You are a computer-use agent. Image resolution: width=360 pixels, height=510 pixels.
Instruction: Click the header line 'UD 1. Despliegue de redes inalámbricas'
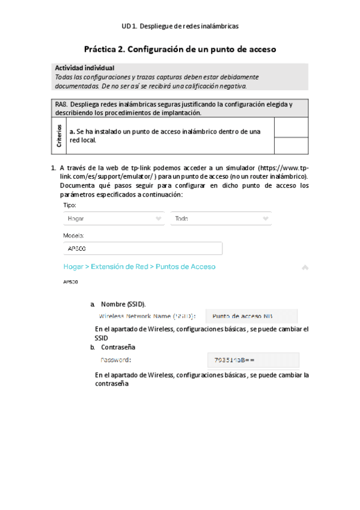tap(180, 26)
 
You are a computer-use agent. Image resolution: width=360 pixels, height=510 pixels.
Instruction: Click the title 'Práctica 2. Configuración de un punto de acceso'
tap(180, 49)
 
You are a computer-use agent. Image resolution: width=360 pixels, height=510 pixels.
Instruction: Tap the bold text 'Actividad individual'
tap(84, 69)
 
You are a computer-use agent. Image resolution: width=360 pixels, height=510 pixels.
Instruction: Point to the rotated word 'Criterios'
tap(59, 136)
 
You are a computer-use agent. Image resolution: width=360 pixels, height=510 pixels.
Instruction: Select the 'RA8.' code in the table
tap(62, 104)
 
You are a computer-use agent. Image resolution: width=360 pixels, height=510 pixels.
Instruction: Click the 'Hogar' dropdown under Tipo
tap(114, 219)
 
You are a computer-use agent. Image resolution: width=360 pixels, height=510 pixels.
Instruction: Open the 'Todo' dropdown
tap(221, 219)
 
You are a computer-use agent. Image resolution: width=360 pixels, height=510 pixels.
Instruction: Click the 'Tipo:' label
tap(70, 205)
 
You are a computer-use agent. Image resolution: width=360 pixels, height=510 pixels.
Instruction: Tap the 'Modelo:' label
tap(73, 236)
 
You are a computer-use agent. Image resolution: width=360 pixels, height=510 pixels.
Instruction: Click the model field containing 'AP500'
tap(142, 248)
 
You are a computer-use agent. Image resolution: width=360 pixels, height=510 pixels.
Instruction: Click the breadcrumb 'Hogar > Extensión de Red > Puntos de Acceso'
tap(139, 266)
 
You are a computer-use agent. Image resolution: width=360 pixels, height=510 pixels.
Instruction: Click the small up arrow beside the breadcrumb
tap(305, 267)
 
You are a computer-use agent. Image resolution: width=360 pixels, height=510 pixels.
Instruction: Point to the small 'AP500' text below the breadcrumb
tap(70, 281)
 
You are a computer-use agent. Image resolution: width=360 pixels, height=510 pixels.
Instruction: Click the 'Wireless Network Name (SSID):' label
tap(147, 316)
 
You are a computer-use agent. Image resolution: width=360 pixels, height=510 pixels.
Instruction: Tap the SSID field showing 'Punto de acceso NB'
tap(251, 316)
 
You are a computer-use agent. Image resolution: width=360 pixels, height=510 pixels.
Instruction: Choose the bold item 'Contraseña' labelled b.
tap(118, 348)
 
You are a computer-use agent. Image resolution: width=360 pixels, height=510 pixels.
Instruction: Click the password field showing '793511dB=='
tap(253, 360)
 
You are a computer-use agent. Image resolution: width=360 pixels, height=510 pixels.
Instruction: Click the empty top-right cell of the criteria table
tap(291, 127)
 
